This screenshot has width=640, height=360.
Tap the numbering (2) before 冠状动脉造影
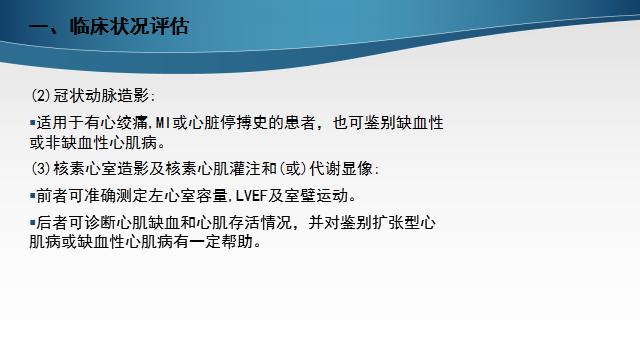click(40, 97)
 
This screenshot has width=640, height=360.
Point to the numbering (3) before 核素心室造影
click(40, 169)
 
